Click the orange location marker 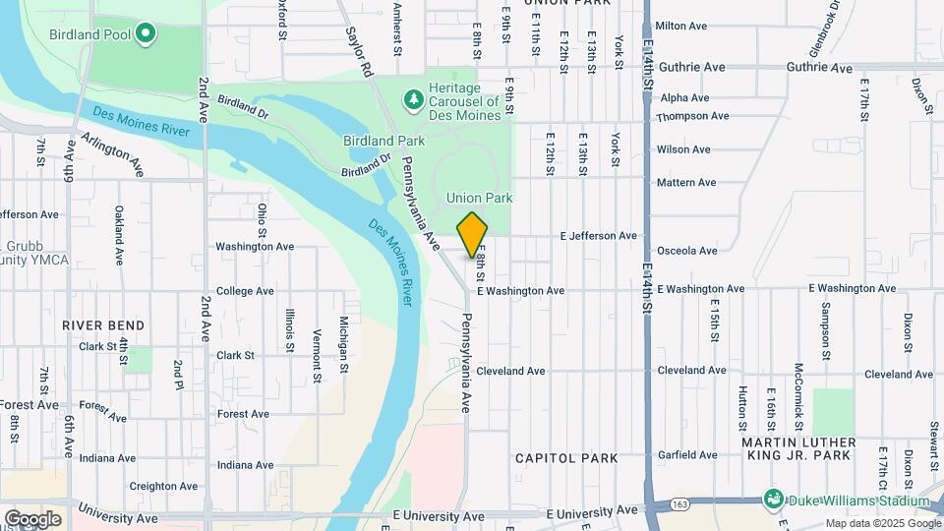[472, 235]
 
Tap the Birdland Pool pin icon [146, 34]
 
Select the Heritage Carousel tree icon [414, 99]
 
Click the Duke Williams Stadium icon [774, 501]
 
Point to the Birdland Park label [383, 142]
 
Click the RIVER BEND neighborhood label [103, 325]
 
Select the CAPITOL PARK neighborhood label [566, 458]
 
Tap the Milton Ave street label [681, 26]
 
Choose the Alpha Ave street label [684, 98]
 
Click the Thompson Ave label [692, 116]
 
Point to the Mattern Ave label [686, 183]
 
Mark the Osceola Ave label [686, 251]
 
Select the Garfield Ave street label [687, 455]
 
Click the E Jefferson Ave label [598, 236]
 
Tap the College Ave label [245, 291]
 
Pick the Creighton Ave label [151, 486]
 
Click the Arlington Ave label [113, 154]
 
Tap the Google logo [32, 518]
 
